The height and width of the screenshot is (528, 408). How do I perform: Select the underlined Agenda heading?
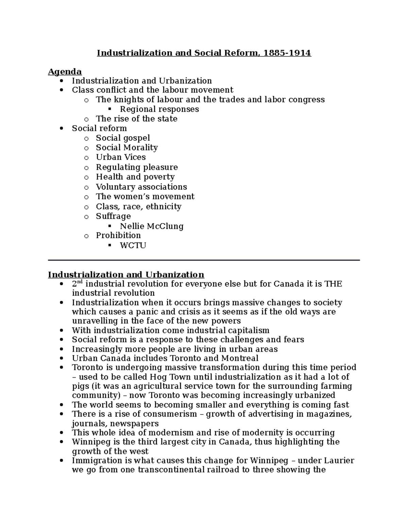(65, 72)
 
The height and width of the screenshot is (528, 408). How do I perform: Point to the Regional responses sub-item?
(159, 109)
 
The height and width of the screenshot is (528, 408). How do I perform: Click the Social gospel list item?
(123, 138)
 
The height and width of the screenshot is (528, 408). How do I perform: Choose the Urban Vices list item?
(121, 157)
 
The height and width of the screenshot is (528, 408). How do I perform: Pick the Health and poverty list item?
(135, 177)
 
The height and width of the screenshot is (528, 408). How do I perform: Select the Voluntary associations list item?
(141, 187)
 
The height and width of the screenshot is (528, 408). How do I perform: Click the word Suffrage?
(113, 216)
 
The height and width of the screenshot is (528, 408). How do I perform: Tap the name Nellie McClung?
(152, 226)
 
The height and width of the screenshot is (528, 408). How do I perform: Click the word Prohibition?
(118, 235)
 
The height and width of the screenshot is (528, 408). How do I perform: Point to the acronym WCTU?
(133, 245)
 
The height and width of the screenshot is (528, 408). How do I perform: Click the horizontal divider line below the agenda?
(204, 260)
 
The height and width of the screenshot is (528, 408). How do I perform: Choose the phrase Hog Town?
(169, 377)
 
